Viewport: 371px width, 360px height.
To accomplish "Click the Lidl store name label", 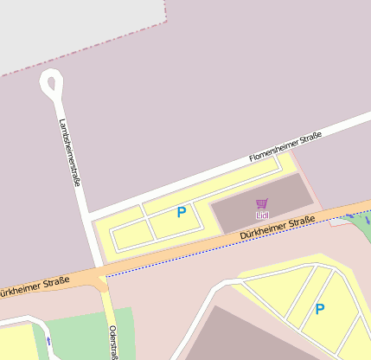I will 262,215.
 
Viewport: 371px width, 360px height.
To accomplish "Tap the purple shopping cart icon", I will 262,203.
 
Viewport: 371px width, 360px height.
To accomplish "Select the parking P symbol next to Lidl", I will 182,212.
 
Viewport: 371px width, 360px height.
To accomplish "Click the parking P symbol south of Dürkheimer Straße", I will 320,309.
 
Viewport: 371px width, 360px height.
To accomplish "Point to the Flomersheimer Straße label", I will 285,146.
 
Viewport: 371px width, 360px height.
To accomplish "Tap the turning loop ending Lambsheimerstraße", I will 51,85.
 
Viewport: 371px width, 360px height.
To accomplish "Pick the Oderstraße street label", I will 113,341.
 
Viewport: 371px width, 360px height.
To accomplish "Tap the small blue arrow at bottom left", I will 48,341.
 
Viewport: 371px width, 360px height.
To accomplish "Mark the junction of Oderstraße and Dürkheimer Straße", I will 103,279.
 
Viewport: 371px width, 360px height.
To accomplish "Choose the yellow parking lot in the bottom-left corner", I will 17,342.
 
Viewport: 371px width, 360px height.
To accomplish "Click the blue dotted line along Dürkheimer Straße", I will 216,254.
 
